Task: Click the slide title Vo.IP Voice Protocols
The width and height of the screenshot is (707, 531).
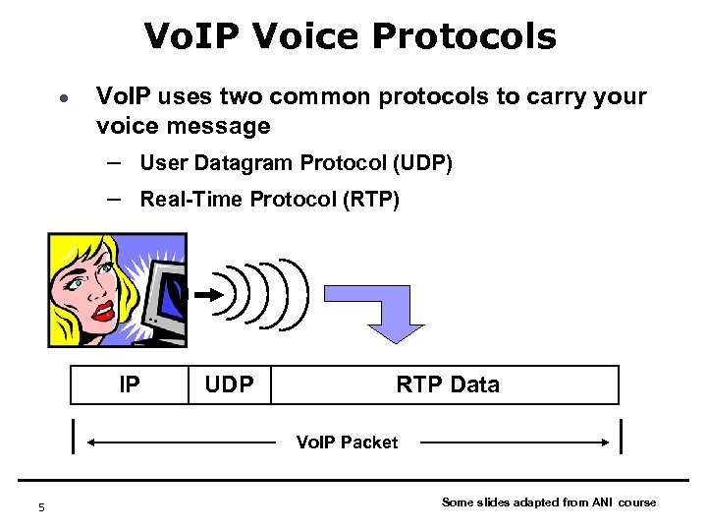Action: click(350, 37)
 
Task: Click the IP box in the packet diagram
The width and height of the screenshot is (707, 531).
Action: click(129, 384)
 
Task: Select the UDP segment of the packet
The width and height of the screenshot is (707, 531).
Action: click(229, 384)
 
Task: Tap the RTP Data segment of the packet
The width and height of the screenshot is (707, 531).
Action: click(447, 384)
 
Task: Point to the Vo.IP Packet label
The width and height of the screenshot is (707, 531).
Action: click(348, 442)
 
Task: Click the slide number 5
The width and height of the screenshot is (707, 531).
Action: click(41, 507)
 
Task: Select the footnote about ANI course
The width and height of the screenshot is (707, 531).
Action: click(549, 502)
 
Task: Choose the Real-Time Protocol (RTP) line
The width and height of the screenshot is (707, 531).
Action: click(270, 200)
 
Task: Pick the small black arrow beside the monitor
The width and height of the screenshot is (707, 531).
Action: click(208, 293)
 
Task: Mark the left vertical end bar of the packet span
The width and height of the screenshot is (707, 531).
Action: click(75, 436)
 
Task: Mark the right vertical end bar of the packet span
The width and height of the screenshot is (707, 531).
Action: click(623, 436)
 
